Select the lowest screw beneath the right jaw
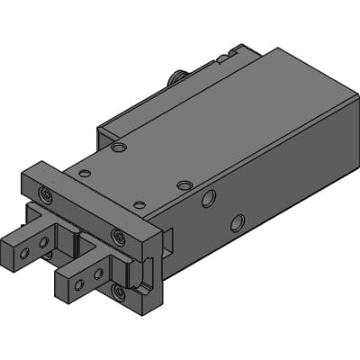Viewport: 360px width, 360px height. [x=119, y=291]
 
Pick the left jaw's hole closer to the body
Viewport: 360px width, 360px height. [x=44, y=241]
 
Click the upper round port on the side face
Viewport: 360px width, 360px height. [x=208, y=198]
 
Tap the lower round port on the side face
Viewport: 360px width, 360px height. [x=238, y=221]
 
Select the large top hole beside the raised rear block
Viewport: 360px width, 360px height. [x=119, y=147]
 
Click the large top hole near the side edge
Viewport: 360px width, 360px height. [x=184, y=185]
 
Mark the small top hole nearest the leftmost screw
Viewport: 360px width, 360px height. [x=85, y=173]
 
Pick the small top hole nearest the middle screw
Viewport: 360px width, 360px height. [x=139, y=205]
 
